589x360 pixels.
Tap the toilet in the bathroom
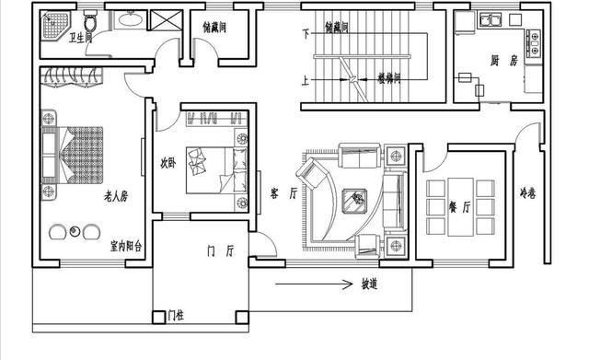89,20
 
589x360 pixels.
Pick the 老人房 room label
115,195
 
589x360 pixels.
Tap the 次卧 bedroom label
167,164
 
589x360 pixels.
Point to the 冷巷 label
527,193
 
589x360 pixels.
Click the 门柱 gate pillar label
174,316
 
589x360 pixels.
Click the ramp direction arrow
313,283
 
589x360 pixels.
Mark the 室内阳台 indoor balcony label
125,247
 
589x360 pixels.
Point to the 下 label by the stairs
305,33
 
